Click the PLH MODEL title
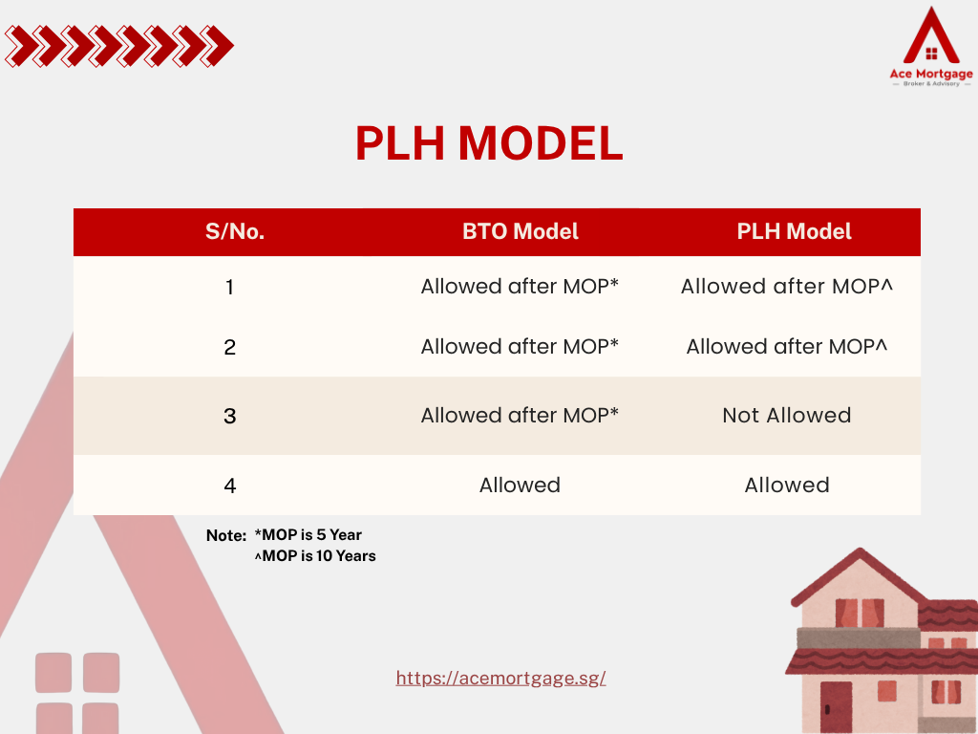pos(489,143)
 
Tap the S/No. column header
pos(235,231)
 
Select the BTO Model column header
pos(521,231)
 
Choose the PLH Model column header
pos(794,231)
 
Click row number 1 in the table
pos(229,287)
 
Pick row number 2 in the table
pos(229,347)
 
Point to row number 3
pos(229,417)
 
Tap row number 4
pos(229,486)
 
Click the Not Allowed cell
pos(787,416)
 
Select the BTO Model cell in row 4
pos(520,485)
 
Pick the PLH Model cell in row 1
pos(787,287)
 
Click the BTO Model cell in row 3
pos(520,416)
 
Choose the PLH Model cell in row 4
pos(787,485)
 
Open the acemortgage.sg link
pos(500,679)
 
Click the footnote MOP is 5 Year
pos(308,535)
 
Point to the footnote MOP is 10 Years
pos(315,556)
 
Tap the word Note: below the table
pos(226,535)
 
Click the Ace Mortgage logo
pos(931,46)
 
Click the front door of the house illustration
pos(836,706)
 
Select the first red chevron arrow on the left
pos(19,46)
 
